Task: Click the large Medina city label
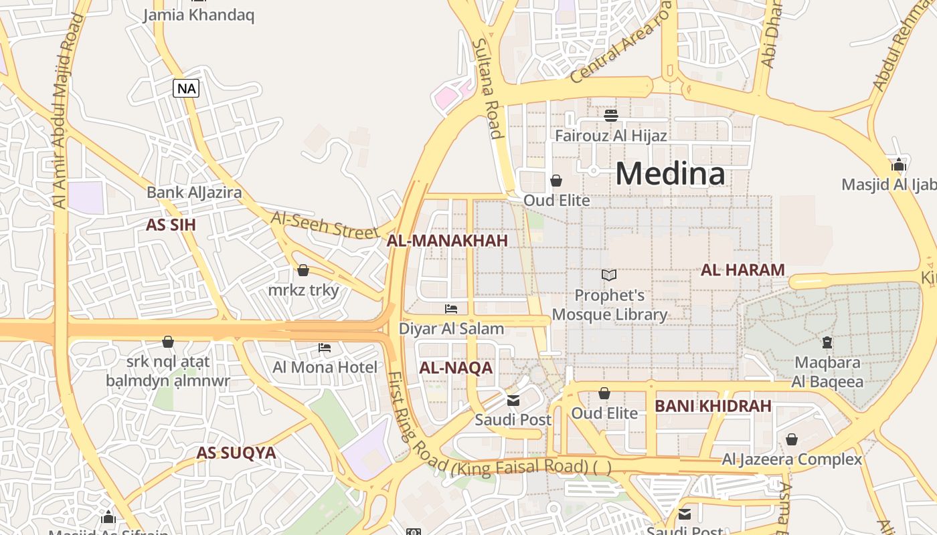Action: [670, 174]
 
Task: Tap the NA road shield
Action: [186, 88]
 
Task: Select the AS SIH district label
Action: [171, 225]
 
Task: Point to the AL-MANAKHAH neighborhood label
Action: [447, 241]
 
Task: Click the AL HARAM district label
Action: [742, 270]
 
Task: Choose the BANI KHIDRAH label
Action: [713, 406]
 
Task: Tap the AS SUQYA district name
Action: [236, 453]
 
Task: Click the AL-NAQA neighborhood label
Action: [455, 368]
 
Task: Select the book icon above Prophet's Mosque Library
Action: [608, 275]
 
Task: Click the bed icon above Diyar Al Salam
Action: [451, 309]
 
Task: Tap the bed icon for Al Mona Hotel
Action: [325, 348]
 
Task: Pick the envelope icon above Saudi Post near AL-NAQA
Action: [513, 401]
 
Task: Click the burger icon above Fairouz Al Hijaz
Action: [610, 116]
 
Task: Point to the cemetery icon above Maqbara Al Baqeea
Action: [827, 342]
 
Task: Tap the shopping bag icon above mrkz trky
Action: [303, 270]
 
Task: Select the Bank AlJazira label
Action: [194, 193]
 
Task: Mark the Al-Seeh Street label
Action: [325, 225]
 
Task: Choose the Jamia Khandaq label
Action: [199, 15]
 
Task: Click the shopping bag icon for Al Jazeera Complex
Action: [791, 439]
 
